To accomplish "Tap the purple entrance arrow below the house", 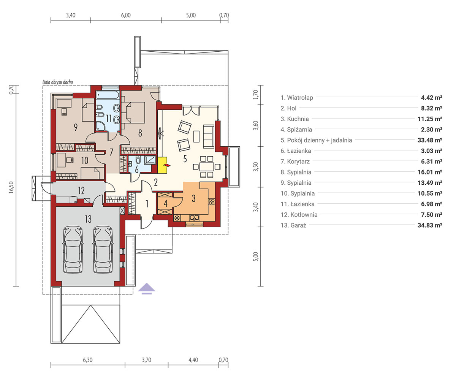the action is point(147,288).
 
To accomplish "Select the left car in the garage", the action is point(73,249).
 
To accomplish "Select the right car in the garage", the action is point(103,249).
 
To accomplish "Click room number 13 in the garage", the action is point(88,219).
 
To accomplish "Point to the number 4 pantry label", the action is point(166,204).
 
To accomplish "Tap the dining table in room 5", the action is point(206,167).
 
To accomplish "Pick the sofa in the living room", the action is point(209,136).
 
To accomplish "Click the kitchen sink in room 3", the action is point(194,218).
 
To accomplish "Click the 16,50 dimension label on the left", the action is point(11,187).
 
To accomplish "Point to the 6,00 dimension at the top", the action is point(126,15).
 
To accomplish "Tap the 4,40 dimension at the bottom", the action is point(193,360).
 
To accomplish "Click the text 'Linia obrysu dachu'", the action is point(58,82).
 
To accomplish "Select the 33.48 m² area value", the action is point(430,140).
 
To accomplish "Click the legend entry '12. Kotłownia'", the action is point(299,215).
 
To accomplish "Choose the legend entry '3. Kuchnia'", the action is point(294,119).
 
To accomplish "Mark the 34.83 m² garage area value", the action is point(430,225).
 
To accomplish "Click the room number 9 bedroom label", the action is point(76,127).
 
